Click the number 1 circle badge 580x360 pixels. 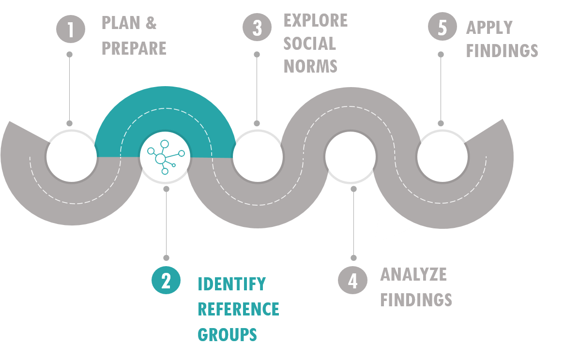coord(71,29)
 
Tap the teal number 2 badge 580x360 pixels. coord(166,280)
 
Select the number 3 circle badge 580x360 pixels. coord(257,27)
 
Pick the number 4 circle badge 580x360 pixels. coord(352,280)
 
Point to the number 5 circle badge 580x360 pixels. coord(443,27)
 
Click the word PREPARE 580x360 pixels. coord(134,48)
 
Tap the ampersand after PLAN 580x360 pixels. coord(151,23)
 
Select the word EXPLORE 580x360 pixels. coord(316,20)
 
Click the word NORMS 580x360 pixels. coord(310,66)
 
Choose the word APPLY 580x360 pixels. coord(489,28)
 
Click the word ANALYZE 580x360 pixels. coord(413,274)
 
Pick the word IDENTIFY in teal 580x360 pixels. coord(232,284)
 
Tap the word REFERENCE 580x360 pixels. coord(239,309)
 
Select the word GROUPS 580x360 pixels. coord(227,334)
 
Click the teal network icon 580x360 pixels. coord(166,157)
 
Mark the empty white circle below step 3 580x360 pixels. coord(258,157)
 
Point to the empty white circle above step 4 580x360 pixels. coord(351,157)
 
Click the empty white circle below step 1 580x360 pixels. coord(72,157)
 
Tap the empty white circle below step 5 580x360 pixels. coord(443,157)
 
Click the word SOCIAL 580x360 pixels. coord(309,43)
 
